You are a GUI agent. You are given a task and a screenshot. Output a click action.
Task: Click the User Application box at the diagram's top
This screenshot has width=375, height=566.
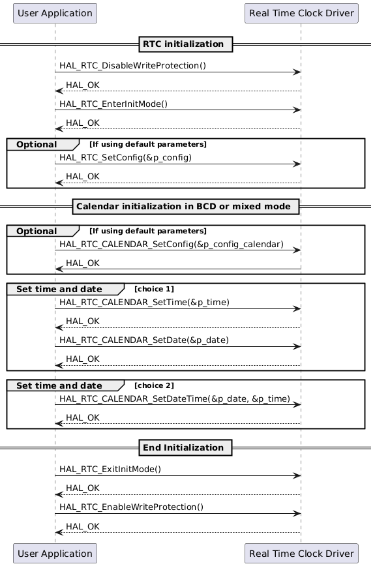(x=55, y=13)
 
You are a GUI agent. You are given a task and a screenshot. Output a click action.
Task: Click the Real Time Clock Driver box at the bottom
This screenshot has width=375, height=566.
(x=301, y=554)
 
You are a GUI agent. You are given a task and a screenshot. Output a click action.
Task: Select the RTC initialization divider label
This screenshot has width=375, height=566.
(x=186, y=44)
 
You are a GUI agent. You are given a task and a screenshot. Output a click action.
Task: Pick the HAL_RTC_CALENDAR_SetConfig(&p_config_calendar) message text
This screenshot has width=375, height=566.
(x=172, y=245)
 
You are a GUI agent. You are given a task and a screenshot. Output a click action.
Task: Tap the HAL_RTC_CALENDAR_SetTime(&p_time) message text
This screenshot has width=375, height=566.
(x=144, y=303)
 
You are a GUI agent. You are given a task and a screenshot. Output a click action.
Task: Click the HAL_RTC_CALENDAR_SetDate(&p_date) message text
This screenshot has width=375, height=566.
(x=145, y=340)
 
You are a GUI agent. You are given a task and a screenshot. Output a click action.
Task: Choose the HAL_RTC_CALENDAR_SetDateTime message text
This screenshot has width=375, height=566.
(x=175, y=398)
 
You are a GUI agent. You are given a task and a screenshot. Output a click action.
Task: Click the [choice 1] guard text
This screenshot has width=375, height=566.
(x=154, y=289)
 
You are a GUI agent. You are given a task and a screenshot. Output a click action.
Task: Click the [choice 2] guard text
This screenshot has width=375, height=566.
(x=154, y=385)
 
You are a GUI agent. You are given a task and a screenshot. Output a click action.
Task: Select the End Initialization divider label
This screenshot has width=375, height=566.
(x=186, y=447)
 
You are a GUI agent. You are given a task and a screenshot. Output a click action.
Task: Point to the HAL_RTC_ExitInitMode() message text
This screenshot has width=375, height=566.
(x=110, y=469)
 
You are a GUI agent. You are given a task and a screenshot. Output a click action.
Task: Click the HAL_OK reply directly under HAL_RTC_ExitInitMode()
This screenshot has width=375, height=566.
(x=83, y=488)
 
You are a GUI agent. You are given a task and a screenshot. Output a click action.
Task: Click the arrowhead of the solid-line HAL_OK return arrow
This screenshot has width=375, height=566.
(x=59, y=269)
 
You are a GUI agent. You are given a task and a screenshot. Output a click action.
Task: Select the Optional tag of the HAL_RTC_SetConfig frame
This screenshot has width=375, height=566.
(x=37, y=143)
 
